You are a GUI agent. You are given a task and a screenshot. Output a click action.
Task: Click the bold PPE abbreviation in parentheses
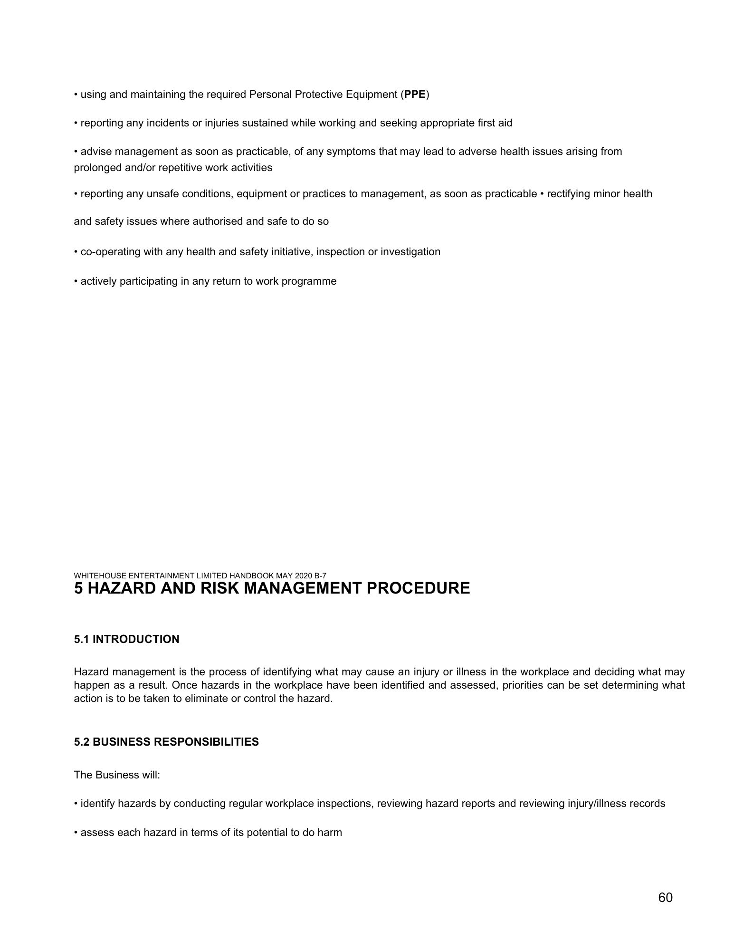pyautogui.click(x=415, y=95)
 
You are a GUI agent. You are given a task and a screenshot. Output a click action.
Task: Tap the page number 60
pyautogui.click(x=665, y=897)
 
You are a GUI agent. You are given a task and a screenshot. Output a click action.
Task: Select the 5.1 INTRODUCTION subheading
pyautogui.click(x=126, y=639)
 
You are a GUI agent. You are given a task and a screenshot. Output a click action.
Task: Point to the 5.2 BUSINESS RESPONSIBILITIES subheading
pyautogui.click(x=166, y=742)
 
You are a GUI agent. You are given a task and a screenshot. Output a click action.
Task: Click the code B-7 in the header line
pyautogui.click(x=320, y=576)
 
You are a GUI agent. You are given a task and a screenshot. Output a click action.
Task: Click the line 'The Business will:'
pyautogui.click(x=117, y=775)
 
